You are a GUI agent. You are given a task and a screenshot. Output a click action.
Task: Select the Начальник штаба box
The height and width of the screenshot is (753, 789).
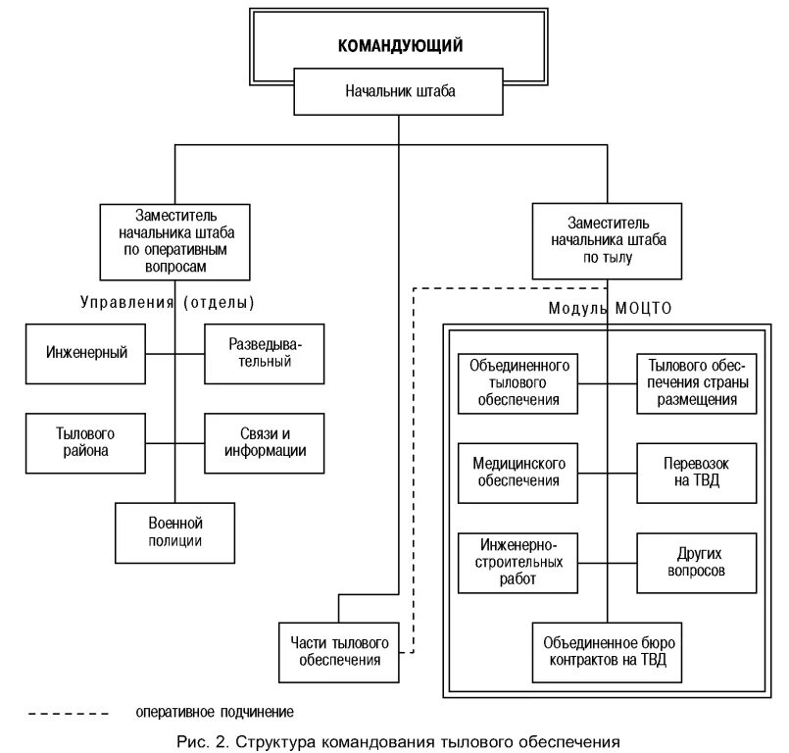(x=400, y=91)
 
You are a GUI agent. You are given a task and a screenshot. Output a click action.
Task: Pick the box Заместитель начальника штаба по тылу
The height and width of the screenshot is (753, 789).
(x=593, y=240)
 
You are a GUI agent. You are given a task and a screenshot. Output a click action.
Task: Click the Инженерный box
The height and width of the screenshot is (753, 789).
(x=86, y=352)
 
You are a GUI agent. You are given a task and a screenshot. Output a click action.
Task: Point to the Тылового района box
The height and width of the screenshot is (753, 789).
(x=86, y=442)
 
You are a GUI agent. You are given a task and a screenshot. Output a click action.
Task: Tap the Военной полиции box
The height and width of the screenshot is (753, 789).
(x=175, y=531)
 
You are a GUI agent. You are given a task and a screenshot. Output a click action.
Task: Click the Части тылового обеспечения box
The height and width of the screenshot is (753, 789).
(x=339, y=652)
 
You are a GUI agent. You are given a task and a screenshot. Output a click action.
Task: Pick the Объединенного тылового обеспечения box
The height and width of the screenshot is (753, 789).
(x=518, y=382)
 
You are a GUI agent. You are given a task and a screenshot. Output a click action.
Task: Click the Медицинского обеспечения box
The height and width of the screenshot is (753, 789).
(x=518, y=472)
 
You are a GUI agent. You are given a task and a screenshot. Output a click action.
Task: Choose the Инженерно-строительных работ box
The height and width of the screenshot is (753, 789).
(x=518, y=562)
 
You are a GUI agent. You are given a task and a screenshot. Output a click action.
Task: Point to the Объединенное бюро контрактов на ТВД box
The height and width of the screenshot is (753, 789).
(x=605, y=652)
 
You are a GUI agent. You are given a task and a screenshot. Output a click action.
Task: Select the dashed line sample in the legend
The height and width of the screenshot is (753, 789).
(x=69, y=712)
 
